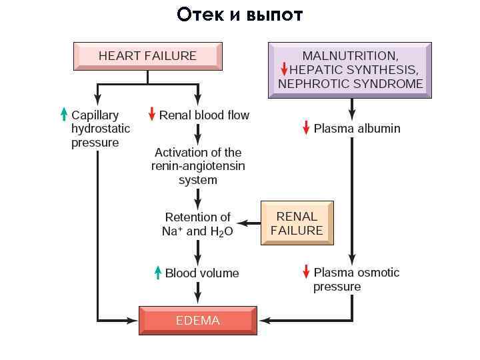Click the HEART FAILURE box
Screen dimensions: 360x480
[147, 56]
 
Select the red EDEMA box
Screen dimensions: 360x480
[197, 321]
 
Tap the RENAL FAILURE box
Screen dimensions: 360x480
[296, 223]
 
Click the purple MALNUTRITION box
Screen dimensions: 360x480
[350, 70]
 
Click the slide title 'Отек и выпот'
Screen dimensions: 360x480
[240, 15]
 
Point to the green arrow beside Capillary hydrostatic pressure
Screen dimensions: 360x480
[64, 114]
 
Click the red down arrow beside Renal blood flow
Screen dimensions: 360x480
[152, 114]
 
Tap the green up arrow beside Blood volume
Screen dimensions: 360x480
[158, 272]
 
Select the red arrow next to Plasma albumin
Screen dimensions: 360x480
[306, 127]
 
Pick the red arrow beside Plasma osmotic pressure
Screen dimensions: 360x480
[306, 271]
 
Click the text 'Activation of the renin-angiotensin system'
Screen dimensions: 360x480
[198, 166]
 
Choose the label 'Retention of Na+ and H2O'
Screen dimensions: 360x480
[197, 224]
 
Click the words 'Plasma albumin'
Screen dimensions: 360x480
[357, 128]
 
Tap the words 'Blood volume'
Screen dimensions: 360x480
[202, 273]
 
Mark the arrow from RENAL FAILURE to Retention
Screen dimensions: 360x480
[249, 224]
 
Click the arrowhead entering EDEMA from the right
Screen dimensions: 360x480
[263, 321]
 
